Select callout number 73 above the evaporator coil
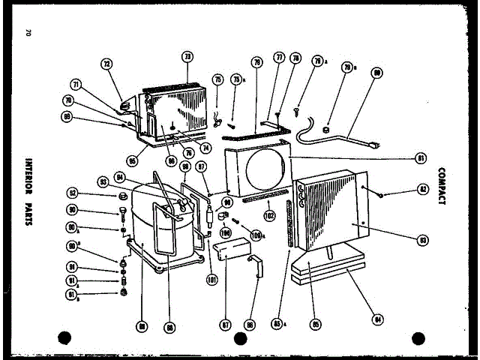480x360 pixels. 187,56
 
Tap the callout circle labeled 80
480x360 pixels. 376,73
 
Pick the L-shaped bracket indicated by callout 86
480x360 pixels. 258,266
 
